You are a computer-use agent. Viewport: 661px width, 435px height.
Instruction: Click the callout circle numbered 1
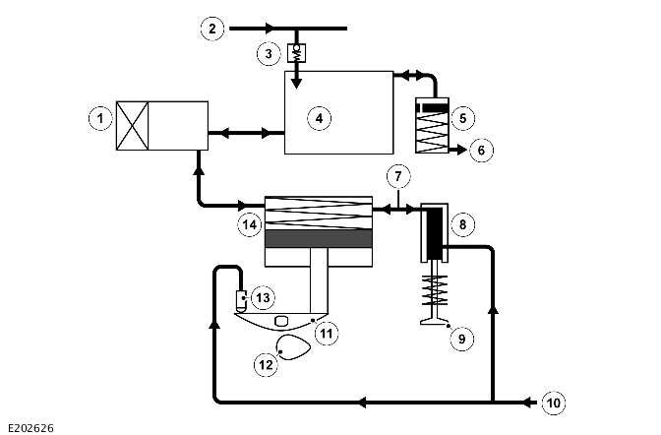(98, 119)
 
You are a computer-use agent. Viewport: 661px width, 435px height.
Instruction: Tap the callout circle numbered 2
(210, 28)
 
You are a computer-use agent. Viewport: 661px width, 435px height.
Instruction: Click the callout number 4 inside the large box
(318, 118)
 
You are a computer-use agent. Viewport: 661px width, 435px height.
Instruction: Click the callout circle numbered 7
(396, 178)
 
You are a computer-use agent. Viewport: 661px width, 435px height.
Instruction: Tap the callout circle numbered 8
(462, 223)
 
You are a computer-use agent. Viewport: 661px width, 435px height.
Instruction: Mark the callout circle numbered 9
(460, 339)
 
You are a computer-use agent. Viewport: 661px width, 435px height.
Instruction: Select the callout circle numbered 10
(555, 402)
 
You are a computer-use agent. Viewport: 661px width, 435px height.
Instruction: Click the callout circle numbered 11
(327, 333)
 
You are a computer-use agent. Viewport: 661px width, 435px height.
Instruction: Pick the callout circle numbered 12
(265, 365)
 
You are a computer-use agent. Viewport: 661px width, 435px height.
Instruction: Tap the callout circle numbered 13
(263, 297)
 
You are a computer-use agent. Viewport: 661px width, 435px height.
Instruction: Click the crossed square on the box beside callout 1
(133, 125)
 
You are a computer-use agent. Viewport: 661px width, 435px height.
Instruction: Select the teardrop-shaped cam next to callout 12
(292, 347)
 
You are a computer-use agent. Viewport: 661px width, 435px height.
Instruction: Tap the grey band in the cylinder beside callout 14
(320, 238)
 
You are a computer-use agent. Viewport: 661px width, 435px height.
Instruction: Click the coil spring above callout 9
(434, 290)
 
